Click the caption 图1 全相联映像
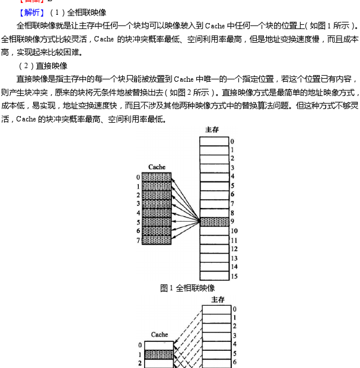(x=187, y=288)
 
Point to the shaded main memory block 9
(x=214, y=222)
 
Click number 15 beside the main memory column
(x=234, y=276)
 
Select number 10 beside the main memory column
(x=234, y=231)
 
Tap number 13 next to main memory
(x=234, y=258)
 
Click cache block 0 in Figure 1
(x=156, y=177)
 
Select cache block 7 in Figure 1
(x=156, y=240)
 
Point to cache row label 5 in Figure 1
(x=138, y=222)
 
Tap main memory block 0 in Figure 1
(x=214, y=141)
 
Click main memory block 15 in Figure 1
(x=214, y=276)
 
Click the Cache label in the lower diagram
(x=159, y=334)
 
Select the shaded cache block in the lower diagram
(x=158, y=354)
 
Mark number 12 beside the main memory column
(x=234, y=249)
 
